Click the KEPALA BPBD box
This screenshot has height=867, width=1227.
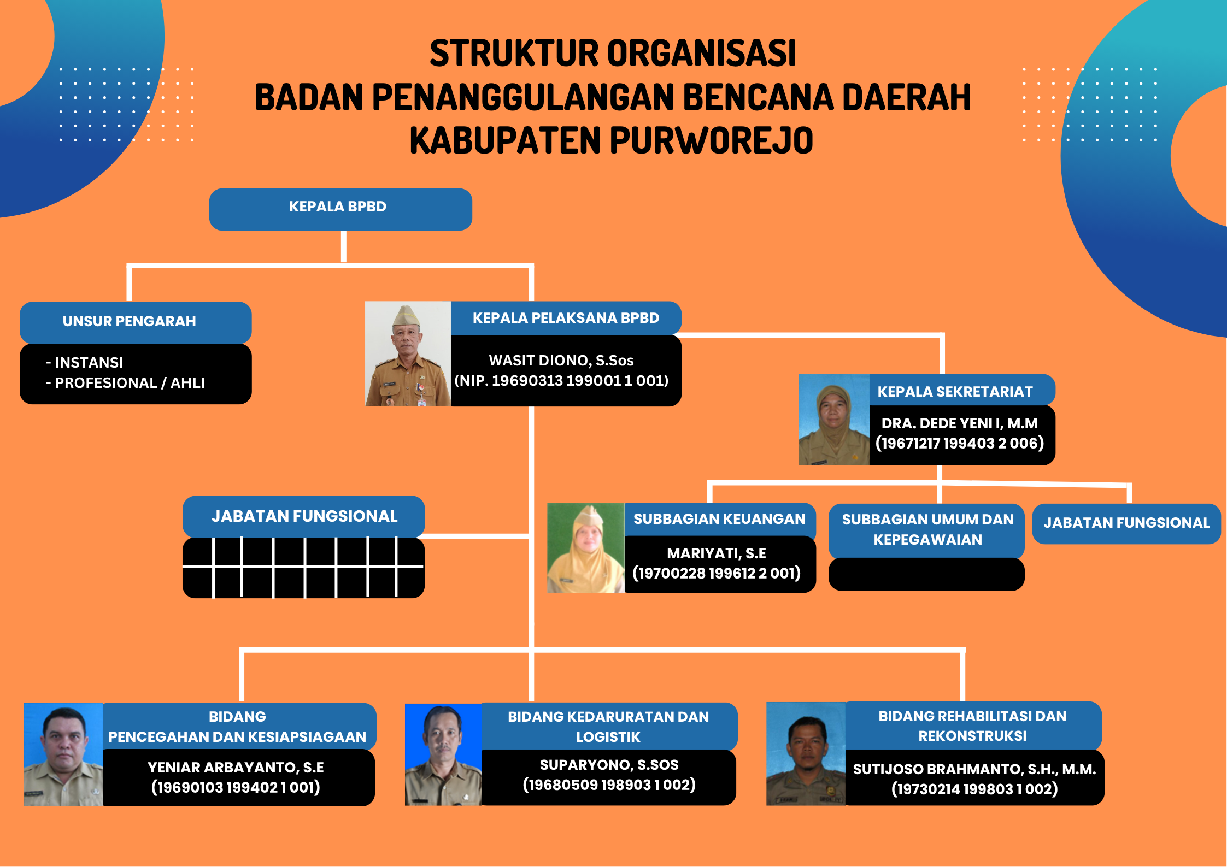click(340, 209)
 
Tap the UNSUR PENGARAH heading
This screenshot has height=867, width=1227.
click(129, 321)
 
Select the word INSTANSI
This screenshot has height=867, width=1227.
click(89, 363)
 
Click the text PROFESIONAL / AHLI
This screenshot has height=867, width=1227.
click(130, 383)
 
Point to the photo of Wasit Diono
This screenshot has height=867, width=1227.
click(408, 354)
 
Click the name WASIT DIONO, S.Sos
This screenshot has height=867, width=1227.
click(561, 361)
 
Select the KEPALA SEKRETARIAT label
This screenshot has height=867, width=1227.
click(955, 392)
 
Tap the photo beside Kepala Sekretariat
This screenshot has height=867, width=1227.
click(834, 420)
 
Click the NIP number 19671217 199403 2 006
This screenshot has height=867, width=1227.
click(960, 443)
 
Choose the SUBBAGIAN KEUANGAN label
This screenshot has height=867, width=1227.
click(719, 519)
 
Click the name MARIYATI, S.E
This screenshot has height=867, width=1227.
click(717, 553)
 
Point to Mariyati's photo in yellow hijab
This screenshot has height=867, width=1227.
click(586, 547)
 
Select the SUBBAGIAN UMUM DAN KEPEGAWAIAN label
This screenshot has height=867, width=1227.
click(927, 529)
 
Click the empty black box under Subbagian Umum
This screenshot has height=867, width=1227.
click(926, 574)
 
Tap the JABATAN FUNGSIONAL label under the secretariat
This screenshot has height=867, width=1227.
click(1126, 523)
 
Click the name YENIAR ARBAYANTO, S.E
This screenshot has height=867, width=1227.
click(236, 768)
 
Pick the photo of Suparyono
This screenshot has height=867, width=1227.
click(443, 754)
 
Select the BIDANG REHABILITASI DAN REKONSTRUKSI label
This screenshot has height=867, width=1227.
click(972, 726)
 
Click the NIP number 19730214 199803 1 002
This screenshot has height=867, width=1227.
click(974, 789)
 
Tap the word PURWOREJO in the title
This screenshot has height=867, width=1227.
click(711, 140)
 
